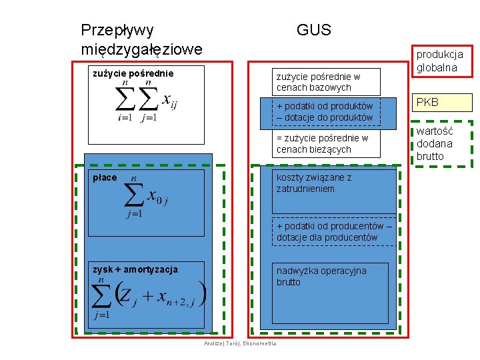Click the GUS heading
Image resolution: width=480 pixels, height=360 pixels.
tap(313, 30)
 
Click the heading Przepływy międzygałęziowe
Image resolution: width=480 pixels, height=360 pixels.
tap(141, 40)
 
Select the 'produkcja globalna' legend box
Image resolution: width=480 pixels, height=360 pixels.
tap(443, 61)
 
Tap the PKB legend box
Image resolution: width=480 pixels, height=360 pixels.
tap(443, 103)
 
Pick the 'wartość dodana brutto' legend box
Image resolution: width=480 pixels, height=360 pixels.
tap(443, 143)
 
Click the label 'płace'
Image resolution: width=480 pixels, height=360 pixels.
tap(105, 177)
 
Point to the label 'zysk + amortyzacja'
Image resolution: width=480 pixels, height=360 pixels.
tap(135, 269)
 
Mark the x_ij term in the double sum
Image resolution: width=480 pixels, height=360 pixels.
tap(169, 102)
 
